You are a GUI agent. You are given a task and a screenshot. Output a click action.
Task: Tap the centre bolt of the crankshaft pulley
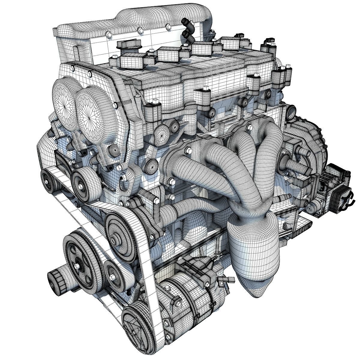(79, 266)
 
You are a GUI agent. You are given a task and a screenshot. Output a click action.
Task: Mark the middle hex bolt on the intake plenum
(139, 30)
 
